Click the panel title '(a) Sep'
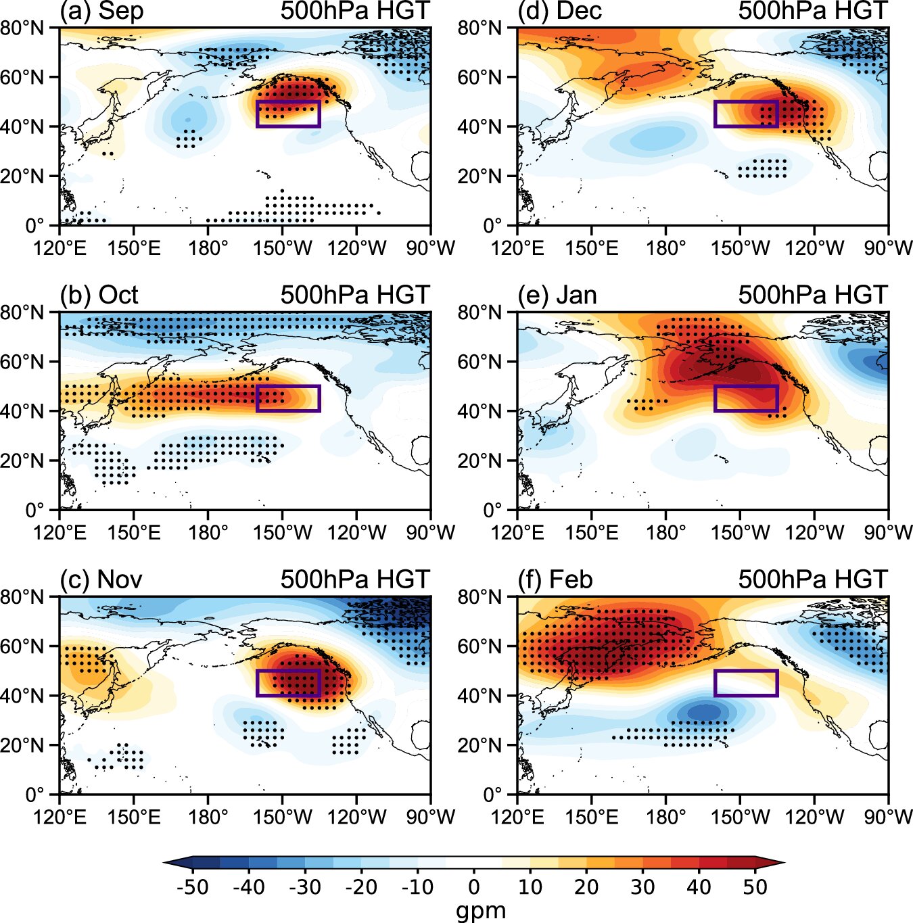click(x=101, y=11)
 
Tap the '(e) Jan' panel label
click(x=557, y=295)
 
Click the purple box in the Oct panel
click(x=288, y=398)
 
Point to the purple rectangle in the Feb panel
click(x=746, y=683)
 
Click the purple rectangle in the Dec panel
click(x=746, y=114)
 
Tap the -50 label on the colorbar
click(x=192, y=887)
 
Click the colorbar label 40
click(x=699, y=887)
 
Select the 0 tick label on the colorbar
click(x=473, y=887)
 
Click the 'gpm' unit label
click(x=480, y=910)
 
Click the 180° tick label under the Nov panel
click(x=208, y=818)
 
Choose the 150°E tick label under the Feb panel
click(x=592, y=818)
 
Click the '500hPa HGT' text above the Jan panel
click(x=812, y=295)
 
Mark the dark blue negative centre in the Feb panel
click(x=705, y=712)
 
